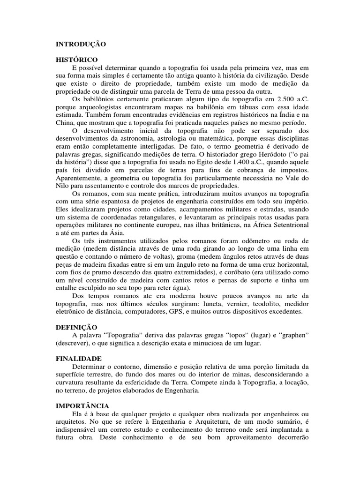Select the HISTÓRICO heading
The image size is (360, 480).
(x=77, y=60)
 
